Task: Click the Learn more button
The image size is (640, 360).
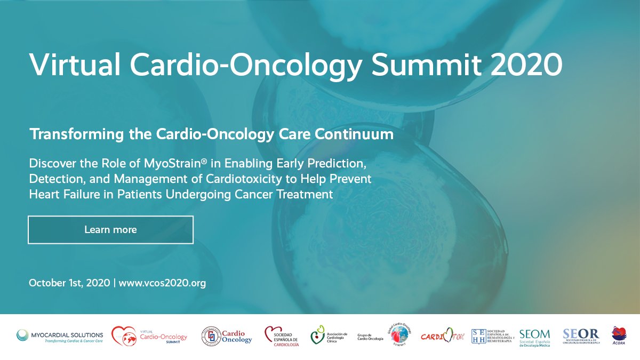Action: coord(110,230)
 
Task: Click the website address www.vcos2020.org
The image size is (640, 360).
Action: coord(162,283)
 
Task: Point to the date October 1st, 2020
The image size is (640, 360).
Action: coord(69,283)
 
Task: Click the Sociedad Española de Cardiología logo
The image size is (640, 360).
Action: coord(282,337)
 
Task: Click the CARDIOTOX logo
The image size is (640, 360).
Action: coord(442,337)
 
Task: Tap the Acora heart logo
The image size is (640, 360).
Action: coord(619,335)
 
